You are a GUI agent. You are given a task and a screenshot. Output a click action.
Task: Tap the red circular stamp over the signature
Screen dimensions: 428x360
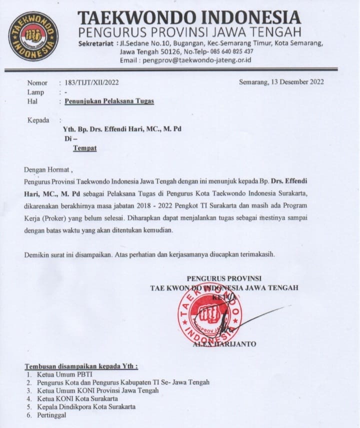point(210,314)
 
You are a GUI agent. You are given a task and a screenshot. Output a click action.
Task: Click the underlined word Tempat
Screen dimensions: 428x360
point(85,148)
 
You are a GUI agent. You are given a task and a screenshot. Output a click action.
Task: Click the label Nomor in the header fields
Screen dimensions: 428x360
point(37,82)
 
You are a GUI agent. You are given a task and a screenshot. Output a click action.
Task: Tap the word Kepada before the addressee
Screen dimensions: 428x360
point(38,120)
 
